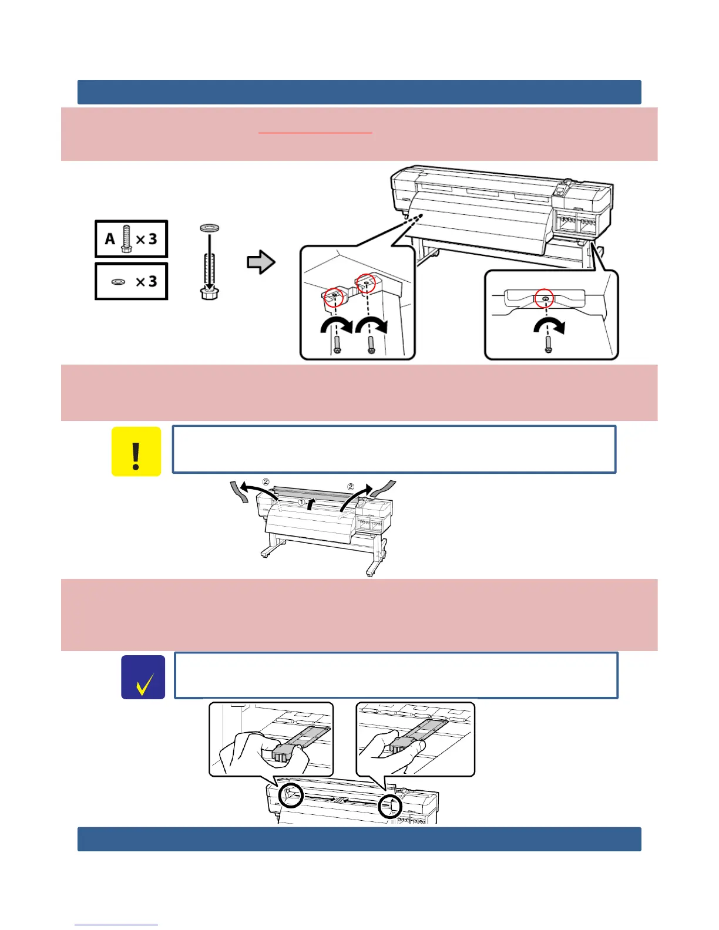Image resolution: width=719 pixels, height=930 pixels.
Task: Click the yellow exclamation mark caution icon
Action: pos(136,451)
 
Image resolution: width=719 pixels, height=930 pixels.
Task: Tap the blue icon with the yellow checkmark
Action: pos(143,678)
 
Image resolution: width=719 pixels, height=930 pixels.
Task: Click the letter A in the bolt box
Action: pos(110,239)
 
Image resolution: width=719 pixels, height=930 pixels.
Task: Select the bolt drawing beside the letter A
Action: pos(126,240)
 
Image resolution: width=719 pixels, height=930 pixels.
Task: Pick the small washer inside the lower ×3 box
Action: pos(118,282)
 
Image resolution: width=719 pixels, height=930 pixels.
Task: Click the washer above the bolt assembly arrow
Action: pos(210,227)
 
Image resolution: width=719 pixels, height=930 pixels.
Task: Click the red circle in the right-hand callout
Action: pos(545,298)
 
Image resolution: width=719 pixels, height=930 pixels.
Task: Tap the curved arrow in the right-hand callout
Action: pos(549,325)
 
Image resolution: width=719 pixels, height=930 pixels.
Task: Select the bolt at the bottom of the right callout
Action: pos(548,345)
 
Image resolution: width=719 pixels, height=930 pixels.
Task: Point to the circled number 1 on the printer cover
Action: pos(302,503)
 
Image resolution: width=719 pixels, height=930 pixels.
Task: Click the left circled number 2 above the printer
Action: pos(266,482)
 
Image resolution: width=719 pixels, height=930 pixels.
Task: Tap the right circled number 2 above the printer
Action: pos(351,487)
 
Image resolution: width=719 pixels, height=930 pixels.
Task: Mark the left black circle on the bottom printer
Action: pos(291,795)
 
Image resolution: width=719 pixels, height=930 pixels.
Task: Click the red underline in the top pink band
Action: pos(315,133)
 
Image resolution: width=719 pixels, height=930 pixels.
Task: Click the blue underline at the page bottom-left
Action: pos(116,925)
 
